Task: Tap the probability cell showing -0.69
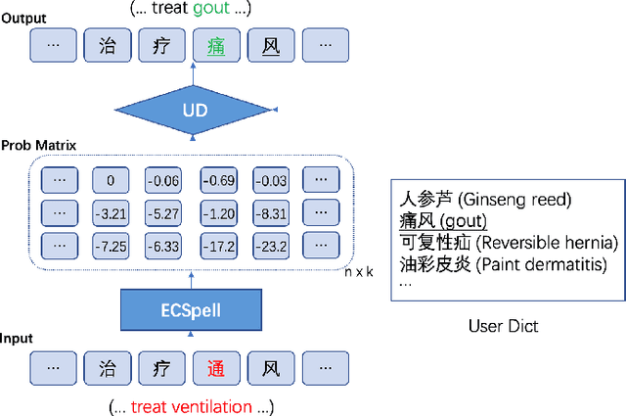[x=216, y=180]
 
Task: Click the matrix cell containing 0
[x=111, y=180]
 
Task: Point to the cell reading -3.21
[x=111, y=212]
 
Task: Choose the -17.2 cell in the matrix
[x=216, y=245]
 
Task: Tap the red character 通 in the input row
[x=216, y=369]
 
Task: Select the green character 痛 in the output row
[x=216, y=44]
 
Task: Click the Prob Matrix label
[x=39, y=145]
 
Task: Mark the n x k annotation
[x=359, y=271]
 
